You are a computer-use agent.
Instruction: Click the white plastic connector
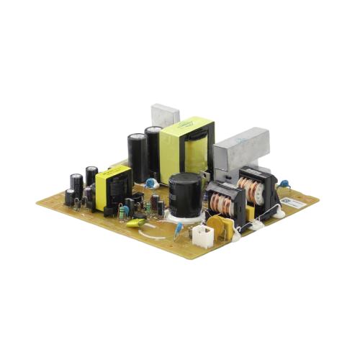coord(204,235)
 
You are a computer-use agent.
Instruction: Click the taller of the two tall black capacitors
coord(138,155)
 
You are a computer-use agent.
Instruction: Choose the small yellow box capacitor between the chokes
coord(249,212)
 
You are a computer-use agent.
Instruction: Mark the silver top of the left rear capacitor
coord(91,170)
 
